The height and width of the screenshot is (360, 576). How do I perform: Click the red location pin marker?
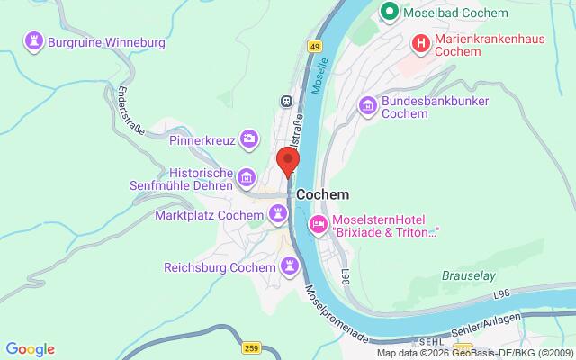(288, 160)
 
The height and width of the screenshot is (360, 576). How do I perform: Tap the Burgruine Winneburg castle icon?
(34, 40)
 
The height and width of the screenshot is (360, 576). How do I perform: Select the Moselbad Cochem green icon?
(389, 13)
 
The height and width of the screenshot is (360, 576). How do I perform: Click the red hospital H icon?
(419, 42)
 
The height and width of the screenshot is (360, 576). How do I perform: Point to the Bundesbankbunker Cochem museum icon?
(367, 107)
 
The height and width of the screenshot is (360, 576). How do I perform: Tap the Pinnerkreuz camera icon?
(248, 139)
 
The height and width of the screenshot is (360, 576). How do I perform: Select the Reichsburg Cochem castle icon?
(289, 266)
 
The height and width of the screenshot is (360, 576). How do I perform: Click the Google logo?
(30, 349)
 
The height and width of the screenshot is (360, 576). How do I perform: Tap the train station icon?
(286, 101)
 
